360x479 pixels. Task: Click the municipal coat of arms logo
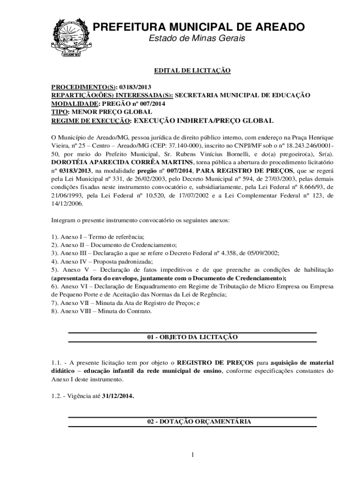69,36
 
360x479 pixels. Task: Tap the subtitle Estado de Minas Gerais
196,38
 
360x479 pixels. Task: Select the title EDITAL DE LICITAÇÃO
193,71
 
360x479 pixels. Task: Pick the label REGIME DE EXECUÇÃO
91,121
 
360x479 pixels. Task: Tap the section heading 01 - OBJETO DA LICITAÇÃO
193,337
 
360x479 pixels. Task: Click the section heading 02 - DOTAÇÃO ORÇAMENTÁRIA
193,421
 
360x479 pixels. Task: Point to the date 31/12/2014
118,396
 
